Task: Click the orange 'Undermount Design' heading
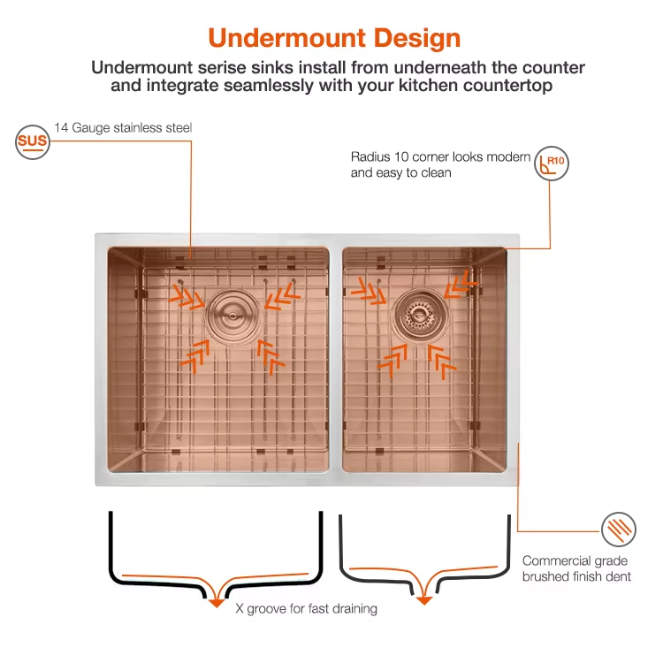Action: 334,38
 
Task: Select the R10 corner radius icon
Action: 552,164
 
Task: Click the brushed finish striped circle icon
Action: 618,530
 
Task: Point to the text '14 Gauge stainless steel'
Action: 123,128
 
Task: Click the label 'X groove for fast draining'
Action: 306,609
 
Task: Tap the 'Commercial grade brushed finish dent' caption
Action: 576,568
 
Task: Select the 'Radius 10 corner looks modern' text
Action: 440,157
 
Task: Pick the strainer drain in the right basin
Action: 414,310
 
